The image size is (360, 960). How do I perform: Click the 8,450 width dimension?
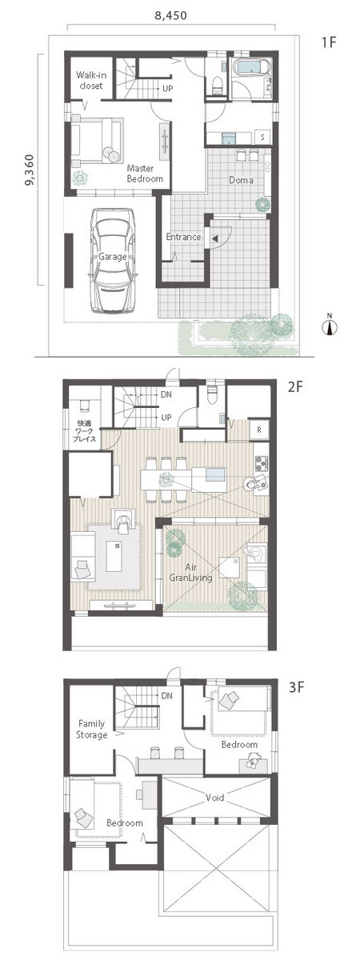[x=170, y=16]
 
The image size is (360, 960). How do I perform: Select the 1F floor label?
[x=329, y=42]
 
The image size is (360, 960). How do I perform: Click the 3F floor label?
[x=296, y=687]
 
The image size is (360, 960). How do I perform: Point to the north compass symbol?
[x=330, y=326]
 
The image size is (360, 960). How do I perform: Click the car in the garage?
[x=113, y=261]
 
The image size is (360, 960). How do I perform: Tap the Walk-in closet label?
[x=91, y=80]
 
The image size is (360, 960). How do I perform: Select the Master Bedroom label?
[x=145, y=174]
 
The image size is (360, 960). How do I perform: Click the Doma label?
[x=241, y=180]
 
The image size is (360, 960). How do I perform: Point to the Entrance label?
[x=183, y=237]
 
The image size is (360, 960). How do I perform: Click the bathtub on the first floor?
[x=252, y=69]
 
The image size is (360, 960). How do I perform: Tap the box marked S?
[x=262, y=137]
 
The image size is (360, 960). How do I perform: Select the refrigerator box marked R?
[x=259, y=429]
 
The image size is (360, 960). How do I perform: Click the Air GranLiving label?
[x=190, y=573]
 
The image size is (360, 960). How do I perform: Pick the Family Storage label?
[x=91, y=729]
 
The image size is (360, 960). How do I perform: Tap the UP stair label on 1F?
[x=167, y=89]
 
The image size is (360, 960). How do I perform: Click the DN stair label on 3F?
[x=166, y=695]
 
